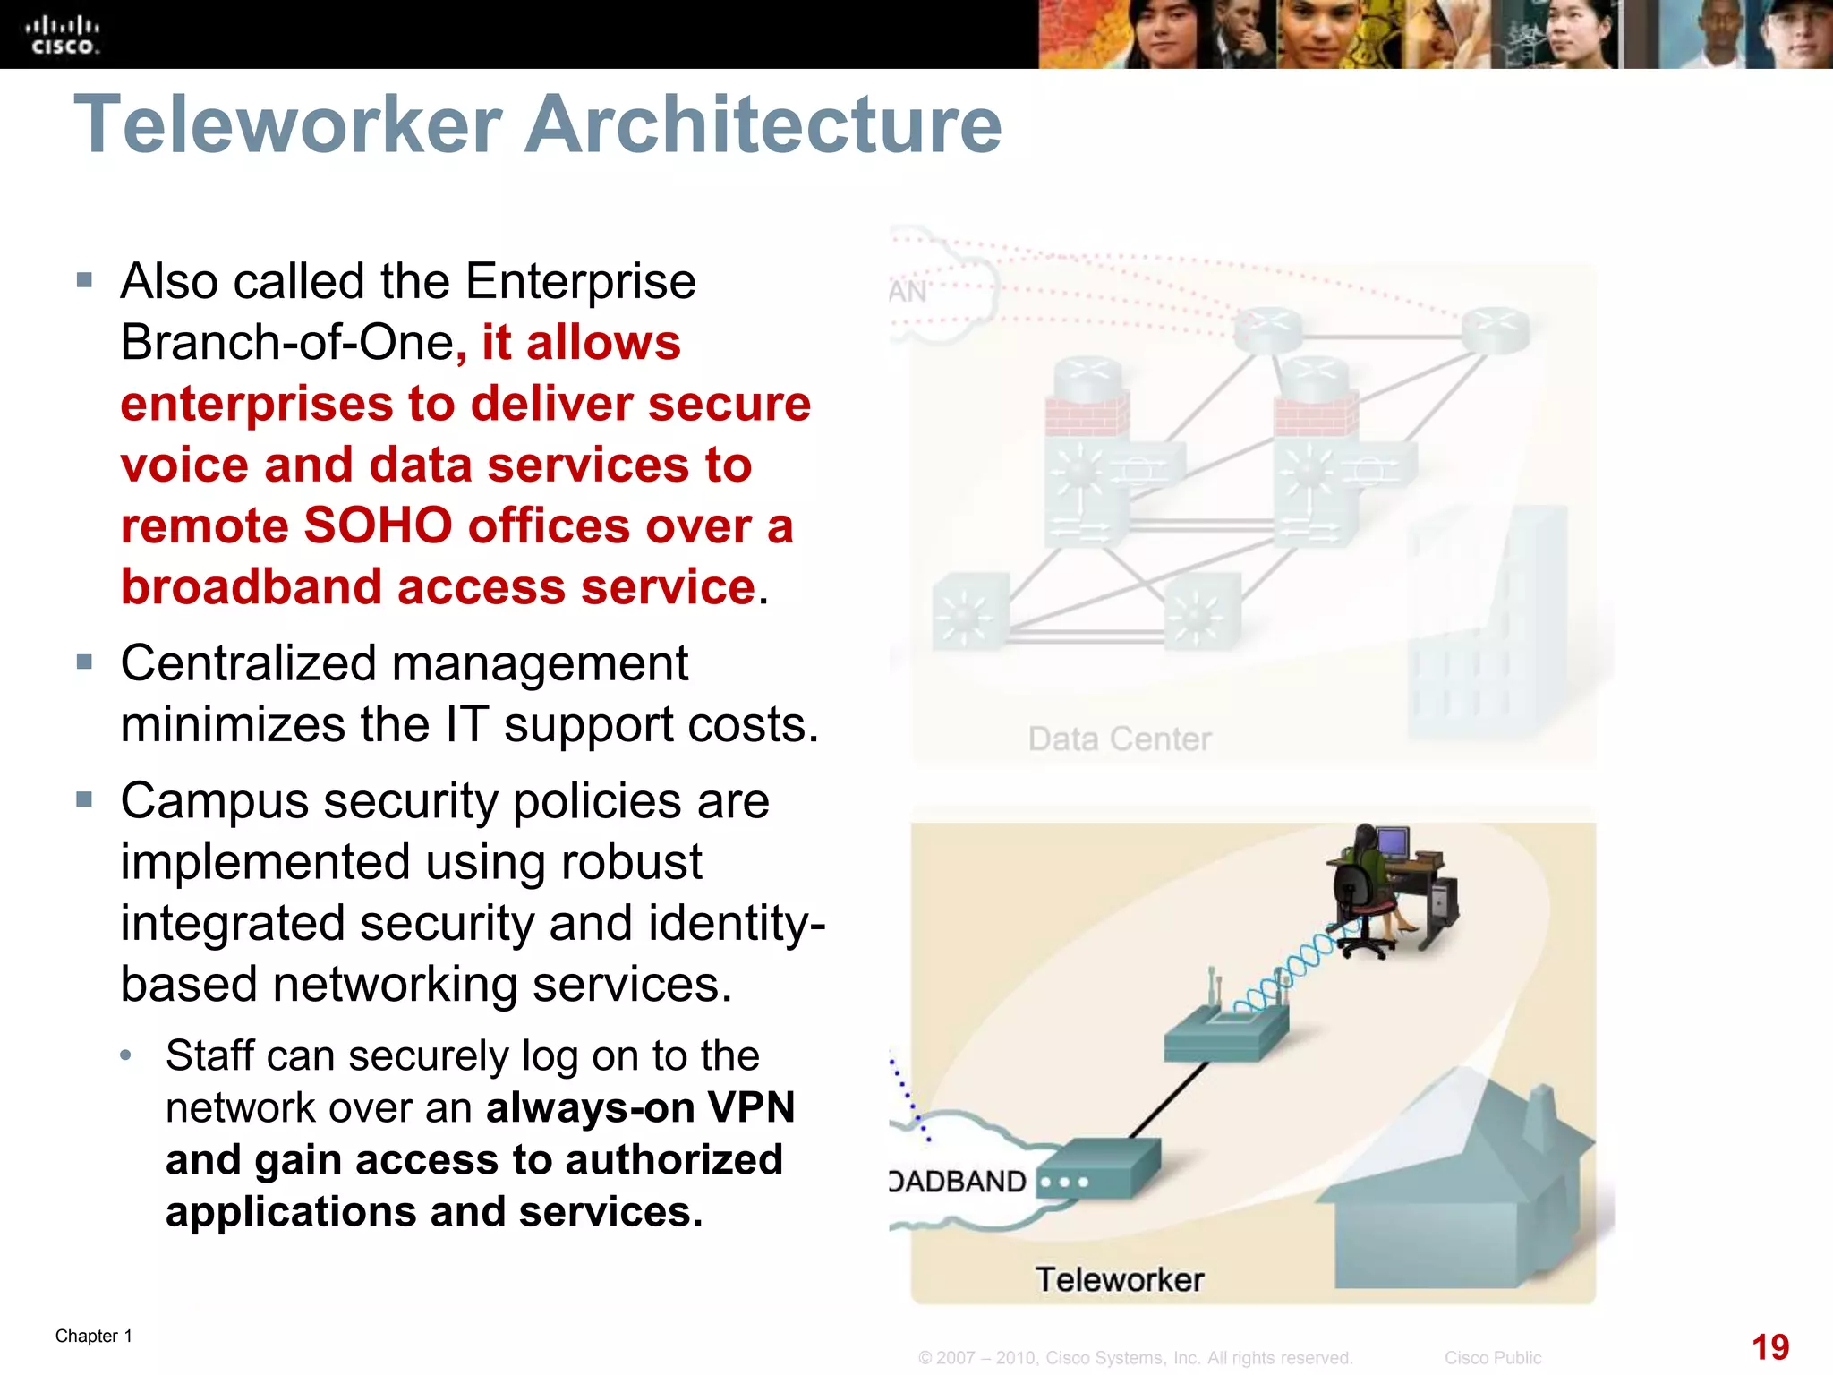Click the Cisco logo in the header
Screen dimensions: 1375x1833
(63, 36)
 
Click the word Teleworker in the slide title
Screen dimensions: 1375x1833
(287, 124)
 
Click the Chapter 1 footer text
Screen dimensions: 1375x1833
(94, 1336)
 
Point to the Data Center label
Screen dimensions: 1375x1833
(1119, 739)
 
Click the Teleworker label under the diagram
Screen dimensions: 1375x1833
(1119, 1279)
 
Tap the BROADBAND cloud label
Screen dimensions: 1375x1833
(958, 1182)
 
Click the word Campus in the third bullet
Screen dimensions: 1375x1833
(215, 801)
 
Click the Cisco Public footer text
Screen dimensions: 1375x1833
(1493, 1358)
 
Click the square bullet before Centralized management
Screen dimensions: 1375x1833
(85, 663)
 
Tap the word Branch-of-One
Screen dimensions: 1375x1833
(287, 343)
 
